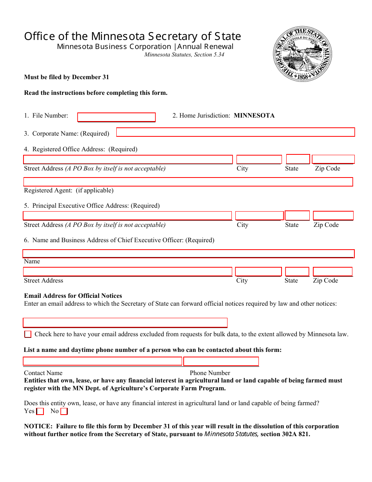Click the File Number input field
coord(116,117)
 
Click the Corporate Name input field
coord(235,132)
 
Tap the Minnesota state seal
coord(302,54)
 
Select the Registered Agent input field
coord(188,182)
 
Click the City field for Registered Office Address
coord(259,159)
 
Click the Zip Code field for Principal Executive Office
coord(333,216)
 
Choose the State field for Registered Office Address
coord(298,159)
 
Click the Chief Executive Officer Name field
coord(188,254)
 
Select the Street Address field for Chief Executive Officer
coord(128,272)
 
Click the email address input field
coord(125,323)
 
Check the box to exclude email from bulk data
coord(28,334)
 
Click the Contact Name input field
coord(103,361)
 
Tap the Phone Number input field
coord(221,361)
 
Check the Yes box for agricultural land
coord(40,411)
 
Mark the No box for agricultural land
coord(64,411)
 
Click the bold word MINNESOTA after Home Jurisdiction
coord(254,116)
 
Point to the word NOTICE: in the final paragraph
coord(38,426)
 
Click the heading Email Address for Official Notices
coord(73,296)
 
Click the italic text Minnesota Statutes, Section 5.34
coord(184,55)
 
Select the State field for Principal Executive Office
coord(297,216)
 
